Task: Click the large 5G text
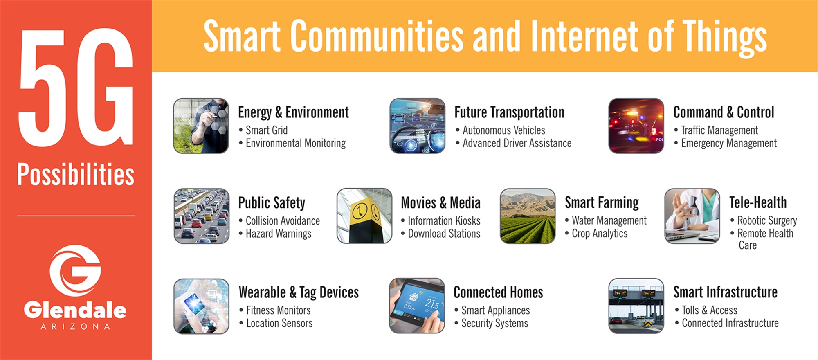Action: pos(76,88)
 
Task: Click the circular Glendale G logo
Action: pos(75,270)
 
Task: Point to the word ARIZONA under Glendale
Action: pos(76,327)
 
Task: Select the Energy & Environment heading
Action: pos(293,112)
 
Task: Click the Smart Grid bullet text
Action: pos(266,130)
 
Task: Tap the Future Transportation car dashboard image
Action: pos(417,126)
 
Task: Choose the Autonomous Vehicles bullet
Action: pos(503,130)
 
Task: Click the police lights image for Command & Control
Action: pos(636,126)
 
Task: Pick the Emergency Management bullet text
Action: pos(728,143)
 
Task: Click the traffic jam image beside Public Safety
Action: pos(201,216)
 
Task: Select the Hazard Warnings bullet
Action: pos(278,234)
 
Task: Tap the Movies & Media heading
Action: pos(440,202)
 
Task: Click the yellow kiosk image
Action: pos(364,216)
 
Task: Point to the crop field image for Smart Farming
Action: pos(528,216)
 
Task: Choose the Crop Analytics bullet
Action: pos(599,234)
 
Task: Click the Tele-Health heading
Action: pos(758,202)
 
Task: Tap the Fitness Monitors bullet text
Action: pos(278,310)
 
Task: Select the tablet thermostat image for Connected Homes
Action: pos(417,306)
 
